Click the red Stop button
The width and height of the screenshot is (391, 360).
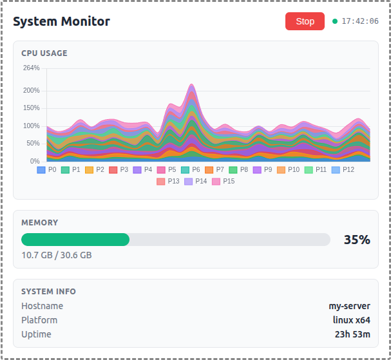click(305, 21)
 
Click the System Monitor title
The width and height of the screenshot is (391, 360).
click(61, 21)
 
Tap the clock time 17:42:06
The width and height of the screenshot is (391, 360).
click(360, 21)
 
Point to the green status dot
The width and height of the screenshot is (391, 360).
click(335, 21)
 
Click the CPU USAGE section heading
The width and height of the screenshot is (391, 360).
click(44, 53)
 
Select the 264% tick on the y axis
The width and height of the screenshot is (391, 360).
click(31, 68)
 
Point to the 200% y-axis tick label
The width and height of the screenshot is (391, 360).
click(31, 90)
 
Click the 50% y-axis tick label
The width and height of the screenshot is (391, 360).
click(33, 144)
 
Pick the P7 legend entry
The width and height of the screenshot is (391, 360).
click(215, 169)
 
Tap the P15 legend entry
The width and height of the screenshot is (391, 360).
click(224, 181)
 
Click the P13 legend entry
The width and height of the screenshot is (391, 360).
click(168, 181)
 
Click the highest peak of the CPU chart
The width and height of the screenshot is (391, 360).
click(191, 84)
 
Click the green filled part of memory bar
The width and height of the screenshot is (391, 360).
click(75, 240)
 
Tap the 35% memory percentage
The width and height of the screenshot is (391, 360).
click(357, 240)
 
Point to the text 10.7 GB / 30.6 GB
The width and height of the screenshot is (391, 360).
click(57, 255)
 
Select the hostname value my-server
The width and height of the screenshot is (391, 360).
click(349, 306)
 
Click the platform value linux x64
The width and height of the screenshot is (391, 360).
click(351, 320)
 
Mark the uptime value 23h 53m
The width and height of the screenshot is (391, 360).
click(352, 334)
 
